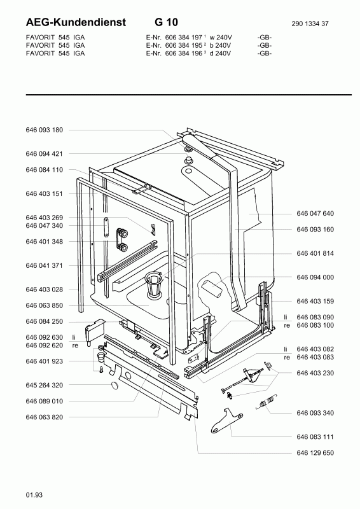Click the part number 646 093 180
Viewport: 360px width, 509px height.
[x=44, y=130]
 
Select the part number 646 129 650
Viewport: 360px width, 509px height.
[x=315, y=453]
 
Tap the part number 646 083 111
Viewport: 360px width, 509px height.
[x=315, y=437]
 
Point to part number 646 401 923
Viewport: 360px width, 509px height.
[x=44, y=361]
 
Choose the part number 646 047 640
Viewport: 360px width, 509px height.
[x=315, y=214]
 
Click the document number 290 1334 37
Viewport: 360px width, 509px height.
[x=310, y=24]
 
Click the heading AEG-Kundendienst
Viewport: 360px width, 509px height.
[x=76, y=22]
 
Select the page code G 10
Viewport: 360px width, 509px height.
[x=166, y=22]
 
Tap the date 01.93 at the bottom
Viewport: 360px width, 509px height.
[x=34, y=495]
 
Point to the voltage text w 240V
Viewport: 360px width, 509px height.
[x=221, y=38]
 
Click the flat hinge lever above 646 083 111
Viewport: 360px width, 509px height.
[x=226, y=421]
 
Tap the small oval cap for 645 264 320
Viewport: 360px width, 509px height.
[x=114, y=386]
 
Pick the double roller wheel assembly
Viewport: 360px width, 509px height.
[x=122, y=239]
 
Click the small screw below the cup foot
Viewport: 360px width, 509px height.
[x=101, y=369]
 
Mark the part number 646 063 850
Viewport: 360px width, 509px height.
[x=44, y=305]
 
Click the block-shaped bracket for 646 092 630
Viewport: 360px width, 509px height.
[x=95, y=330]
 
